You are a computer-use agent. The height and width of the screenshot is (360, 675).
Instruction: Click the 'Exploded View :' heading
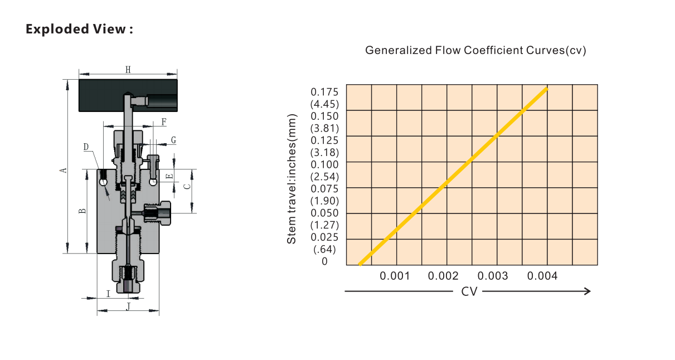pyautogui.click(x=79, y=29)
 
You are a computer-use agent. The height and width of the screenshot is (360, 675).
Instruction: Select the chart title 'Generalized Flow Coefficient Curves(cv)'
pyautogui.click(x=475, y=50)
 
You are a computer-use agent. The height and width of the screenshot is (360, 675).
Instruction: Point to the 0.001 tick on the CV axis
pyautogui.click(x=395, y=276)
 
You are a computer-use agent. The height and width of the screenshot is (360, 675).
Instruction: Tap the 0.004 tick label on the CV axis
pyautogui.click(x=542, y=276)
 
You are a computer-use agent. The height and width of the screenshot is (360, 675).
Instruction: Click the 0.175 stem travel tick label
pyautogui.click(x=324, y=92)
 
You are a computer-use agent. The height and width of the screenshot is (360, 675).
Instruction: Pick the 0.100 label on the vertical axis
pyautogui.click(x=324, y=165)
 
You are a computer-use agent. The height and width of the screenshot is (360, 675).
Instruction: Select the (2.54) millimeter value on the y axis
pyautogui.click(x=324, y=177)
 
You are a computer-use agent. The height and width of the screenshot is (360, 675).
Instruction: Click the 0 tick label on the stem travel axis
pyautogui.click(x=324, y=261)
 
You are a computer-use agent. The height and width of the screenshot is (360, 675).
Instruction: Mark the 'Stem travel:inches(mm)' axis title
pyautogui.click(x=292, y=179)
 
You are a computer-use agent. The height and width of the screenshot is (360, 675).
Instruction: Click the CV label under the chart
pyautogui.click(x=469, y=291)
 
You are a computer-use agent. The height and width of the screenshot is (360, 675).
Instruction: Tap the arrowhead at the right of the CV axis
pyautogui.click(x=587, y=291)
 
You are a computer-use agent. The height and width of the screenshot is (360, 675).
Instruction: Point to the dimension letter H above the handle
pyautogui.click(x=128, y=70)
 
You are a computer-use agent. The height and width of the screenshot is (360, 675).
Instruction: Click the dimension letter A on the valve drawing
pyautogui.click(x=63, y=171)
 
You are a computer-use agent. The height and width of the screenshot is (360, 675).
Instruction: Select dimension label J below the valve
pyautogui.click(x=128, y=307)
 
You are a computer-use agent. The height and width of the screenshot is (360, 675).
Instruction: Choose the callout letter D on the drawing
pyautogui.click(x=86, y=147)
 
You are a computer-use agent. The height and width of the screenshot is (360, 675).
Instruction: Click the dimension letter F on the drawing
pyautogui.click(x=164, y=122)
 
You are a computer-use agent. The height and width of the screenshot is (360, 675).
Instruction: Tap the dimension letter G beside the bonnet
pyautogui.click(x=173, y=140)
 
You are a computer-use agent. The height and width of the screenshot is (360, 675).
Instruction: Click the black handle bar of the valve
pyautogui.click(x=128, y=95)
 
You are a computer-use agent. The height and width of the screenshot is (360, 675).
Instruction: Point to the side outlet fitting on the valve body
pyautogui.click(x=157, y=213)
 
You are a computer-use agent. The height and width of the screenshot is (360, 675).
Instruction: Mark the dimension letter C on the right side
pyautogui.click(x=187, y=187)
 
